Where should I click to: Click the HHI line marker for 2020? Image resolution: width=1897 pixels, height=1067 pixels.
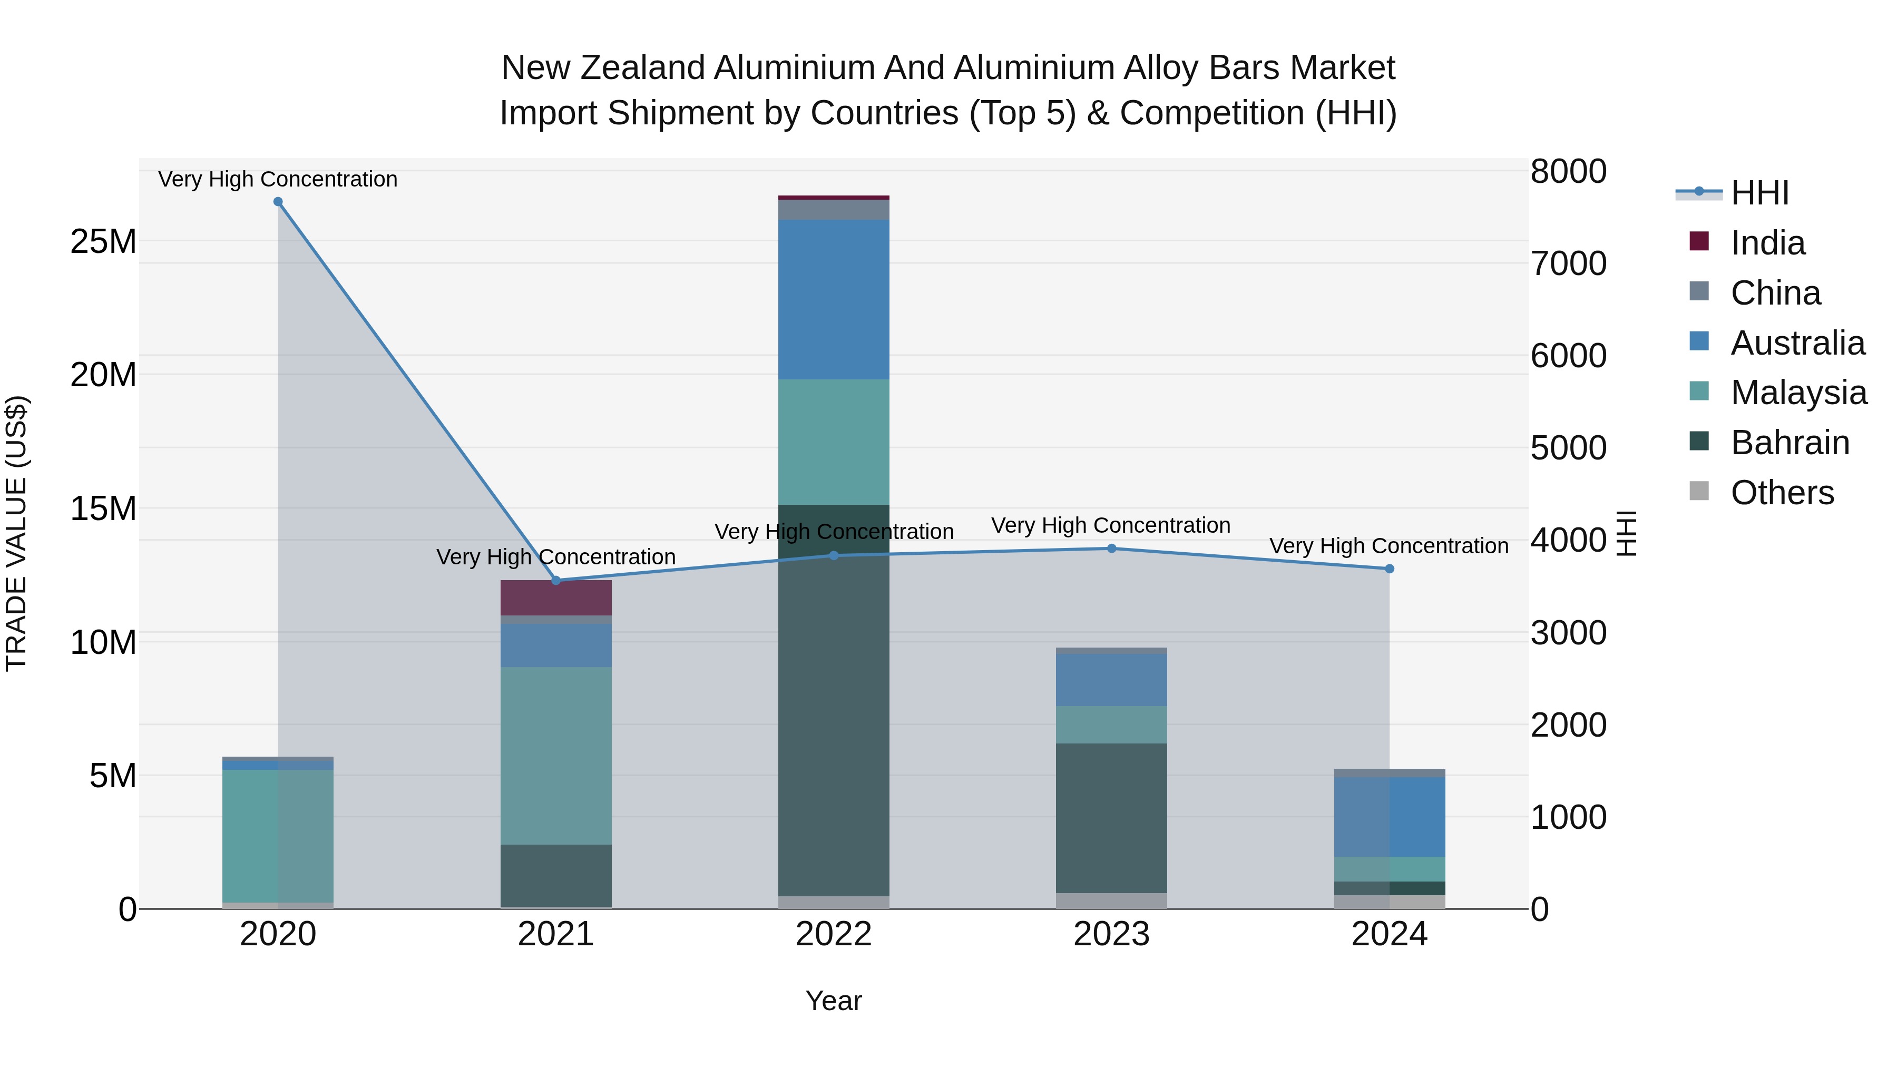click(278, 202)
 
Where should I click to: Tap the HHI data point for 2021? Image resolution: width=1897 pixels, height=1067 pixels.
click(556, 580)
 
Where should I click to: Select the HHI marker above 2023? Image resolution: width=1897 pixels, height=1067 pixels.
click(1111, 548)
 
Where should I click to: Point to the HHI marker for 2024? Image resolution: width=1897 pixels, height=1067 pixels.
click(1389, 569)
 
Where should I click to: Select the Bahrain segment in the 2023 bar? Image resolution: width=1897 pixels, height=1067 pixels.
click(1111, 817)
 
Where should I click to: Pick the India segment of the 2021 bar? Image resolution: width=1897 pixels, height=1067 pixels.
click(556, 597)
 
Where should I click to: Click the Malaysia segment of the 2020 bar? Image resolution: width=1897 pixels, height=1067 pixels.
click(278, 836)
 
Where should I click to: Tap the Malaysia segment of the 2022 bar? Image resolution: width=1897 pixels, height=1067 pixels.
click(834, 442)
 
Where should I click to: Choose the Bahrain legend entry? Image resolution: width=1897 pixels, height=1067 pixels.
click(1790, 443)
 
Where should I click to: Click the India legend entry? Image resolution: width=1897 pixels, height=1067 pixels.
click(1767, 243)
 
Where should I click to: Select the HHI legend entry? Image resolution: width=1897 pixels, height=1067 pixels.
click(1759, 193)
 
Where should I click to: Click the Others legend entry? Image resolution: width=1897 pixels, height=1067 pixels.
click(1782, 493)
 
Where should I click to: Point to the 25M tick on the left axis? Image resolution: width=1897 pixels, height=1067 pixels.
click(103, 241)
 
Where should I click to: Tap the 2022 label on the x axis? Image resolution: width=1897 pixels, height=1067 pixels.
click(834, 934)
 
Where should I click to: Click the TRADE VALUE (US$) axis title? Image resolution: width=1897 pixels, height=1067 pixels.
click(16, 533)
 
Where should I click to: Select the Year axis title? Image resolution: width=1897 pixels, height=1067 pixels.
click(834, 1001)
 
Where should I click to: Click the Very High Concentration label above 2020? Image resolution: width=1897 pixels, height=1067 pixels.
click(278, 179)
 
